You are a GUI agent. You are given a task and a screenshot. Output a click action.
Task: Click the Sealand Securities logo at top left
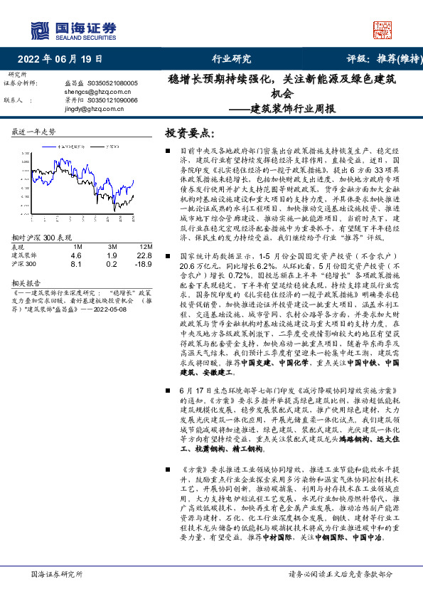coord(73,30)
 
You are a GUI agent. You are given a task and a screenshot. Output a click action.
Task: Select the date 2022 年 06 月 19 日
coord(60,60)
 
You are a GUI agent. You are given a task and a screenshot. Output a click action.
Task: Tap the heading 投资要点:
coord(190,134)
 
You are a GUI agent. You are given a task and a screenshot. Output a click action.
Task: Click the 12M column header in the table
coord(144,247)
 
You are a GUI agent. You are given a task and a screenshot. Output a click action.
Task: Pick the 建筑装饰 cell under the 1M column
coord(76,255)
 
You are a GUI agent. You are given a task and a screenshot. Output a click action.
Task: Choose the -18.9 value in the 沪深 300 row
coord(144,264)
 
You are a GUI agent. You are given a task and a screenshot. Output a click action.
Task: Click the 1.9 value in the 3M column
coord(112,255)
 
